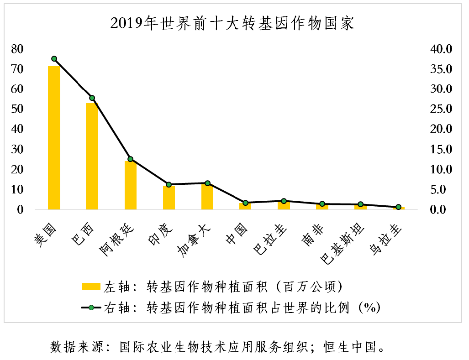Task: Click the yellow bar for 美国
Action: [x=54, y=137]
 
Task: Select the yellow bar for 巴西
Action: [x=92, y=156]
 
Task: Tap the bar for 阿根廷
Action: [x=131, y=185]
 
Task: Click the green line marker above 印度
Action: [x=169, y=185]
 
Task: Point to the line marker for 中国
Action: [x=246, y=203]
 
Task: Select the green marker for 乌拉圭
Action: [x=399, y=207]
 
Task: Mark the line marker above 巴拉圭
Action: [x=284, y=201]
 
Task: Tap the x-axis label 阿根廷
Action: [x=118, y=240]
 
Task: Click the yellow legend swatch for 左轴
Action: [x=90, y=287]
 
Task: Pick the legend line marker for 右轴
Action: [x=90, y=308]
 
